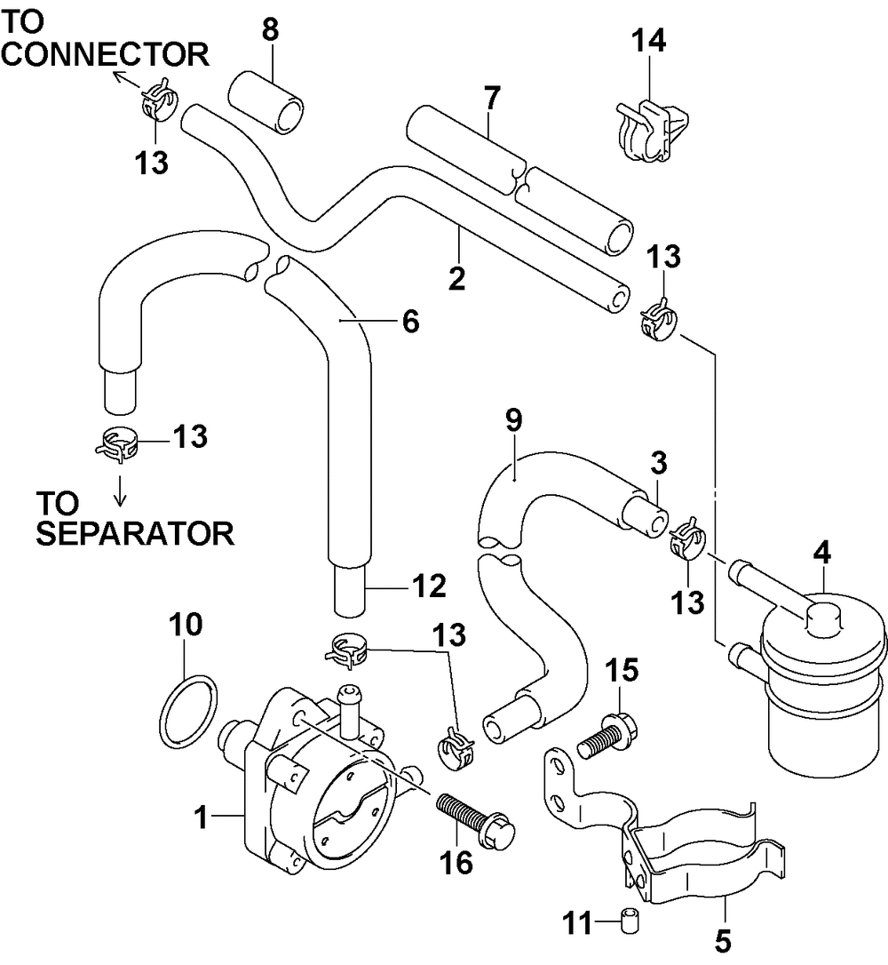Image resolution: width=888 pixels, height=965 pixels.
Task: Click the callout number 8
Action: (x=270, y=29)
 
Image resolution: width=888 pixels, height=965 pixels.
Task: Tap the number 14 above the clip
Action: (x=649, y=41)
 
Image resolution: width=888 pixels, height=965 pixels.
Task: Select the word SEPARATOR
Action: (x=135, y=533)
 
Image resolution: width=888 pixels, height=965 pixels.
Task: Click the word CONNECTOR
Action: (x=105, y=54)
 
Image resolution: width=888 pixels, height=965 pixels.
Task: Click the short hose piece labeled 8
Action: (x=266, y=102)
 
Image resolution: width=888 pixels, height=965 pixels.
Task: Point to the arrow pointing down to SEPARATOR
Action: (x=121, y=490)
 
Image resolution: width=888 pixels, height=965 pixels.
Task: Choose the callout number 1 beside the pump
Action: (x=201, y=818)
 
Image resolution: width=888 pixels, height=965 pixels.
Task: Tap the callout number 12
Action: (x=429, y=586)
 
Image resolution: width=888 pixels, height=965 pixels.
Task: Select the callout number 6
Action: (x=411, y=322)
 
